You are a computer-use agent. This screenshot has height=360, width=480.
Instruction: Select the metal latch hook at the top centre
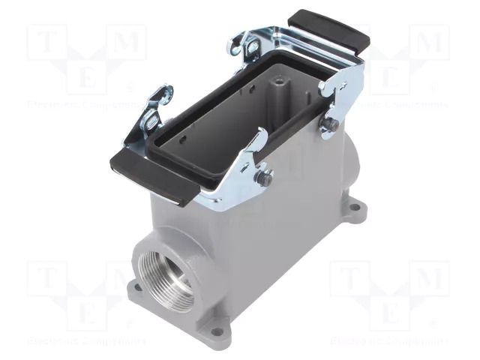pos(247,45)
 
